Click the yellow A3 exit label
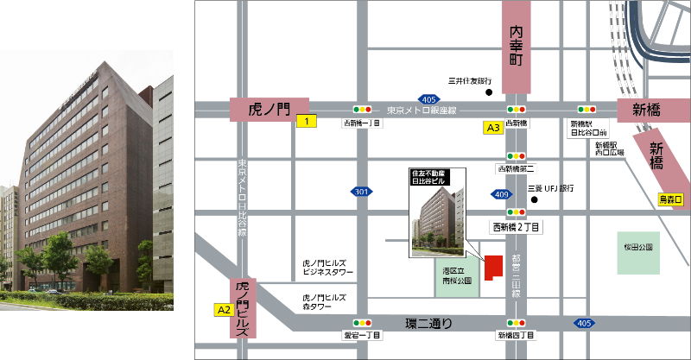click(x=492, y=128)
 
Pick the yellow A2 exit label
click(x=223, y=308)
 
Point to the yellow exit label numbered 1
click(x=305, y=122)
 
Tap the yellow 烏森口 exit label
click(x=670, y=199)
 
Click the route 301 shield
click(x=361, y=191)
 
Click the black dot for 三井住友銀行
click(x=488, y=92)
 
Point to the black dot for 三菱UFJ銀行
click(x=535, y=202)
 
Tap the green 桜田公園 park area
click(x=638, y=252)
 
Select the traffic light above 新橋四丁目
click(x=517, y=323)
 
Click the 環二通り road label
click(x=429, y=323)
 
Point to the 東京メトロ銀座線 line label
click(x=421, y=110)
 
